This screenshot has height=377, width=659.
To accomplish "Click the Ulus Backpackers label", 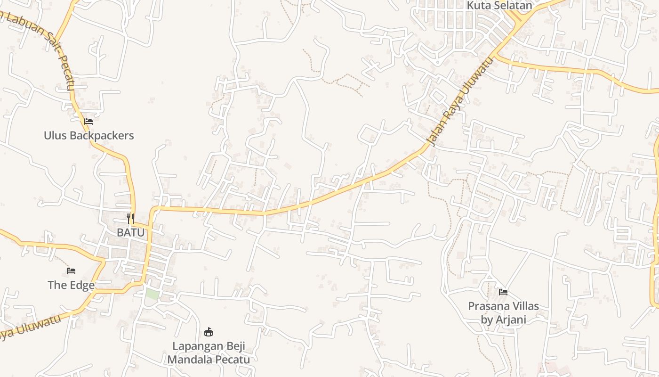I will pos(89,136).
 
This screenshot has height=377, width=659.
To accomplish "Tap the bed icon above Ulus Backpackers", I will pos(88,122).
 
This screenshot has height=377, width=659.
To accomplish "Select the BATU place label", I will pos(130,232).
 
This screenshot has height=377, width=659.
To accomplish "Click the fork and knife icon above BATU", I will pos(130,219).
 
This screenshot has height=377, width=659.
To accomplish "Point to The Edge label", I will pos(71,285).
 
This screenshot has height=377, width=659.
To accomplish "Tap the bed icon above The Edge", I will pos(71,271).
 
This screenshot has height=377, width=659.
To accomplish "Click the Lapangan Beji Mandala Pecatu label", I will pos(209,352).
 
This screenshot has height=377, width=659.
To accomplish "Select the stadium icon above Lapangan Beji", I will pos(209,332).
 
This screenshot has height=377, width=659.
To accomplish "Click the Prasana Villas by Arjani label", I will pos(503,312).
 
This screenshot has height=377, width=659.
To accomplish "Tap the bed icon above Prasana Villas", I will pos(503,292).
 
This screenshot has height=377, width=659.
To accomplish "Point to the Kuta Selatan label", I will pos(499,6).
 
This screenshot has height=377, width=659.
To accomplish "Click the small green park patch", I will pos(152,294).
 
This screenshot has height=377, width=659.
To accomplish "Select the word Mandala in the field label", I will pos(188,360).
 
